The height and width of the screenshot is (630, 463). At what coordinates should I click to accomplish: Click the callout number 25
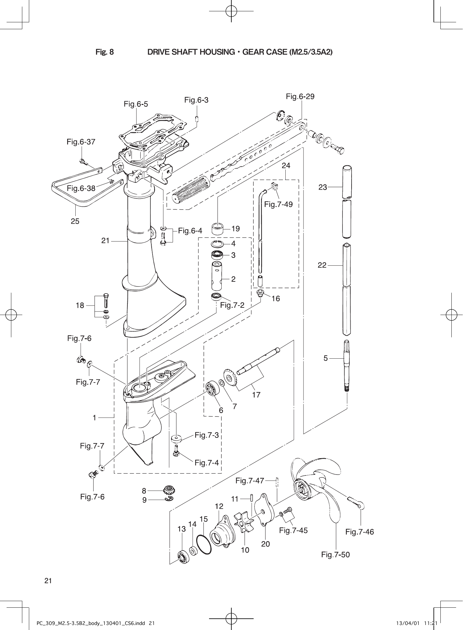pos(75,221)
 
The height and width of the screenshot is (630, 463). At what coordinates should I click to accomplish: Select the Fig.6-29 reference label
pos(300,97)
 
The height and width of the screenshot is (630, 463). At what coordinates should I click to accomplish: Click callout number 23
pos(323,187)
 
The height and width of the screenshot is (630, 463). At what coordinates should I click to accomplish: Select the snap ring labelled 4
pos(217,243)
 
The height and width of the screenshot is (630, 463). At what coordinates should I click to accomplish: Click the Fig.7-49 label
pos(278,204)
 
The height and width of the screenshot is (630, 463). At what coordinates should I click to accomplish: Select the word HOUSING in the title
pos(213,52)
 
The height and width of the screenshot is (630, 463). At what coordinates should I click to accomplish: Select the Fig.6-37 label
pos(81,142)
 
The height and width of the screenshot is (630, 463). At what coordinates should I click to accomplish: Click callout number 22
pos(322,265)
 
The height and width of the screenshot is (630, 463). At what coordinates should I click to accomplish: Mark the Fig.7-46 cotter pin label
pos(359,532)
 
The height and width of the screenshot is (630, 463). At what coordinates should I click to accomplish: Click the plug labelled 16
pos(260,293)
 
